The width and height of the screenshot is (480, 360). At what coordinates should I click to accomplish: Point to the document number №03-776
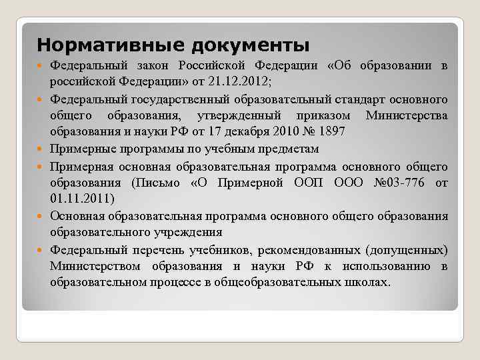(400, 182)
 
